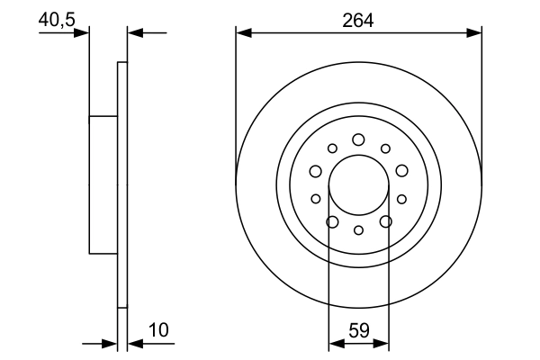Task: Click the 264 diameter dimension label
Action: pos(358,20)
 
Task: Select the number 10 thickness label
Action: pos(158,331)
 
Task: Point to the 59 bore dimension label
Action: pos(358,331)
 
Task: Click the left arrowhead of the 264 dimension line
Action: pos(241,32)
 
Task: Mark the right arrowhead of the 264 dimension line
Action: pos(477,32)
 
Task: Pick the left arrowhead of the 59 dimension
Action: pos(334,343)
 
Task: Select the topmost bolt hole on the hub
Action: pos(358,139)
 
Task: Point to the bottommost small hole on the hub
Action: pos(358,230)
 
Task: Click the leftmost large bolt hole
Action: pos(316,171)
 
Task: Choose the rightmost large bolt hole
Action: pos(401,171)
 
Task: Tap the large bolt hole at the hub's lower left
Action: pos(332,221)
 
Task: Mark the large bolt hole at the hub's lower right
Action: pos(385,221)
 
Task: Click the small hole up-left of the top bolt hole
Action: pos(332,148)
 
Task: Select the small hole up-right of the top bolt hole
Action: pos(385,148)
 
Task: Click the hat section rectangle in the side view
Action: pos(103,184)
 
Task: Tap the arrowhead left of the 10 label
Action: pos(112,343)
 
